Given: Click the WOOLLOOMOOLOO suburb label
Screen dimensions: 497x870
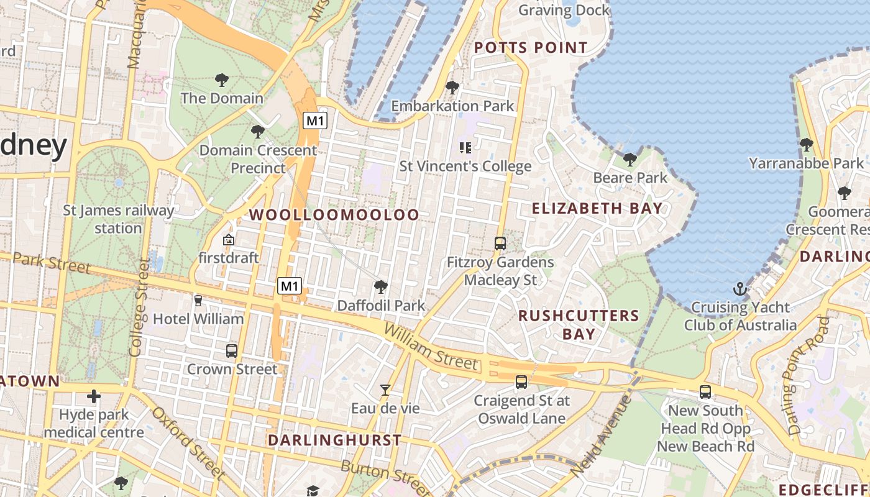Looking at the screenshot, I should click(x=334, y=215).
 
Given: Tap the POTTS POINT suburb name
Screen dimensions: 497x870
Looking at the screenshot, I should click(x=531, y=48).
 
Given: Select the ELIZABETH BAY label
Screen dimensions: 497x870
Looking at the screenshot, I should click(x=597, y=208).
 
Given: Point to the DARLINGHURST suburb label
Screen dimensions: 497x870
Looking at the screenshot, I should click(x=334, y=440).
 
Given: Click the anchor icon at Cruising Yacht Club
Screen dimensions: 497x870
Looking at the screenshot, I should click(x=739, y=289).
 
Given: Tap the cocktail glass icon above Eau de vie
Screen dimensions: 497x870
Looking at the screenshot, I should click(x=385, y=390).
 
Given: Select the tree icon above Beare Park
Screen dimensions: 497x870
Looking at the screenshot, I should click(x=630, y=160).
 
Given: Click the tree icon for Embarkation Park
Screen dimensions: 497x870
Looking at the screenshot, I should click(x=452, y=88).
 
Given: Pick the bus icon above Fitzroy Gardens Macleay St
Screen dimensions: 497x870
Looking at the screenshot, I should click(x=500, y=244).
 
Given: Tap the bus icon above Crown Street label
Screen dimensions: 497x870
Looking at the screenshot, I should click(x=232, y=351).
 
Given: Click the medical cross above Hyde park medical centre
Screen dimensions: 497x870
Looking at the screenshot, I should click(x=94, y=396).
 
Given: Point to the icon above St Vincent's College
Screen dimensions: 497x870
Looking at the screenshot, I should click(x=465, y=148).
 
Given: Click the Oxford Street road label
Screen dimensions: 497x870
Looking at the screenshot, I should click(x=188, y=443).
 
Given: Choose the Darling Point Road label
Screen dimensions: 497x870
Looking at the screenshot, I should click(x=807, y=376).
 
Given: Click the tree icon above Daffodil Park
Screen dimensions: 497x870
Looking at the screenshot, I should click(x=381, y=287).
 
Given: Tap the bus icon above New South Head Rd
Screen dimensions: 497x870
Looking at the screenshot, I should click(x=705, y=392).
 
